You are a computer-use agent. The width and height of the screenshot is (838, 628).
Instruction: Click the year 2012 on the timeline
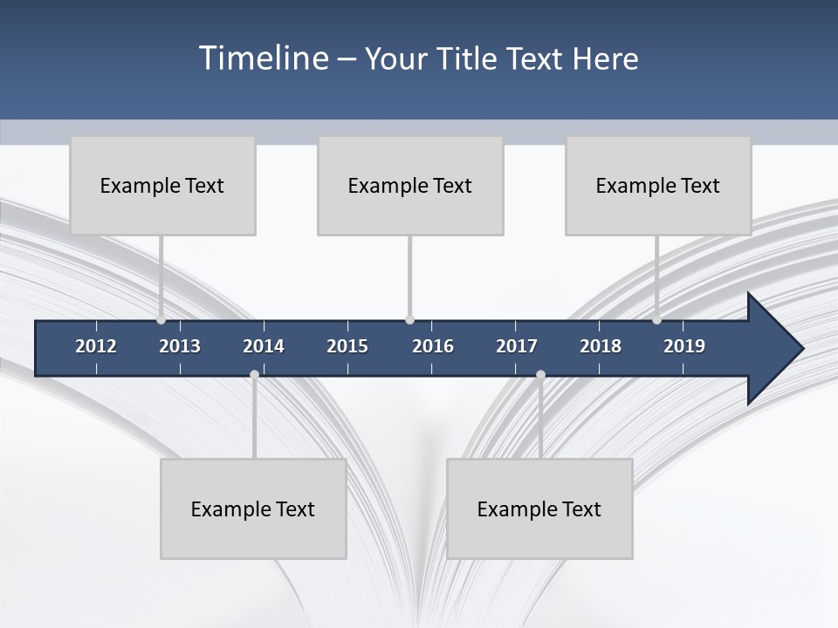click(96, 346)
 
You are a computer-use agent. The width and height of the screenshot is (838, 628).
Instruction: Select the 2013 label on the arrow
click(180, 346)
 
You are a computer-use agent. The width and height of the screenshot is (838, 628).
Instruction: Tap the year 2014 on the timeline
click(264, 346)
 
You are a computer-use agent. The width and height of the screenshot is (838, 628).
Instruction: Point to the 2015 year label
click(347, 346)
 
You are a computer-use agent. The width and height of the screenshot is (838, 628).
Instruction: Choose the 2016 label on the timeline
click(433, 346)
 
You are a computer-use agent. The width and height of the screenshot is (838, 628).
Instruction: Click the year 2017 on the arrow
click(517, 346)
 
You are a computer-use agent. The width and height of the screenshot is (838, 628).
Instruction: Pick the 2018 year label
click(601, 346)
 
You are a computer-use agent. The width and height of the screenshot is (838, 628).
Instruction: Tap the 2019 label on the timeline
click(684, 346)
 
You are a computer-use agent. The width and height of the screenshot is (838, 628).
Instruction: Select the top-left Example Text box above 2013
click(162, 186)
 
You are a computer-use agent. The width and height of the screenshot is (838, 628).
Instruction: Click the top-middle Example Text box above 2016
click(410, 186)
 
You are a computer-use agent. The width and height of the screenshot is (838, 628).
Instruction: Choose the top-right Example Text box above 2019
click(658, 186)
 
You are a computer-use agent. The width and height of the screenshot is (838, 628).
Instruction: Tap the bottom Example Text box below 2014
click(253, 509)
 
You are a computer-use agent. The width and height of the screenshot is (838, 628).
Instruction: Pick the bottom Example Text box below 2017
click(539, 509)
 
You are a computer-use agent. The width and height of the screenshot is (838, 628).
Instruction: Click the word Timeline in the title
click(262, 58)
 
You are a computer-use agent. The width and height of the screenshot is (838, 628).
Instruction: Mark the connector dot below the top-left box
click(161, 320)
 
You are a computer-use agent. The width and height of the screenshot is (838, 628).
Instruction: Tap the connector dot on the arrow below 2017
click(540, 375)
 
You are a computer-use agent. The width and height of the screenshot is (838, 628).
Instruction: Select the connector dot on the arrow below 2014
click(254, 375)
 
